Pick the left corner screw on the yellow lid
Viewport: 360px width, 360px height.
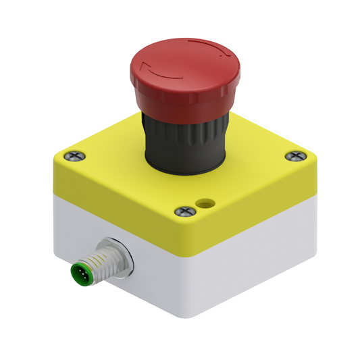click(74, 155)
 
